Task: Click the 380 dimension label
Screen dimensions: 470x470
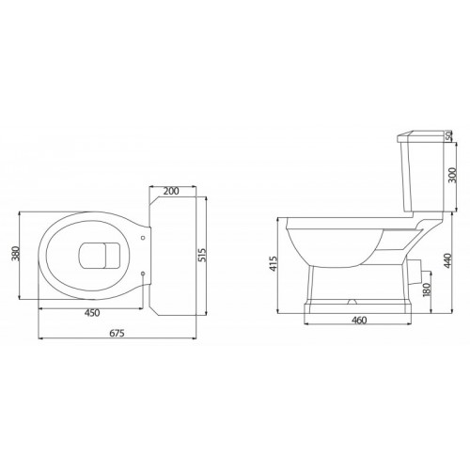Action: [16, 254]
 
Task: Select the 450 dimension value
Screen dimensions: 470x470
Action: [92, 313]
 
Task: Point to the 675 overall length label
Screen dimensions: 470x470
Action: [117, 333]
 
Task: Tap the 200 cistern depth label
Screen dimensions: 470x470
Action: [171, 191]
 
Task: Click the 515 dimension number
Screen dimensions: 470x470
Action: [202, 255]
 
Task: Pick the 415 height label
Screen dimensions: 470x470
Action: [274, 263]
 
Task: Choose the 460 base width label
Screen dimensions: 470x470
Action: [359, 321]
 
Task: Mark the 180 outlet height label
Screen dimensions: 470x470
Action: [427, 290]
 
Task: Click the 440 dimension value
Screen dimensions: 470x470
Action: [447, 260]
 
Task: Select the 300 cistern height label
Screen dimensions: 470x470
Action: [453, 176]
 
